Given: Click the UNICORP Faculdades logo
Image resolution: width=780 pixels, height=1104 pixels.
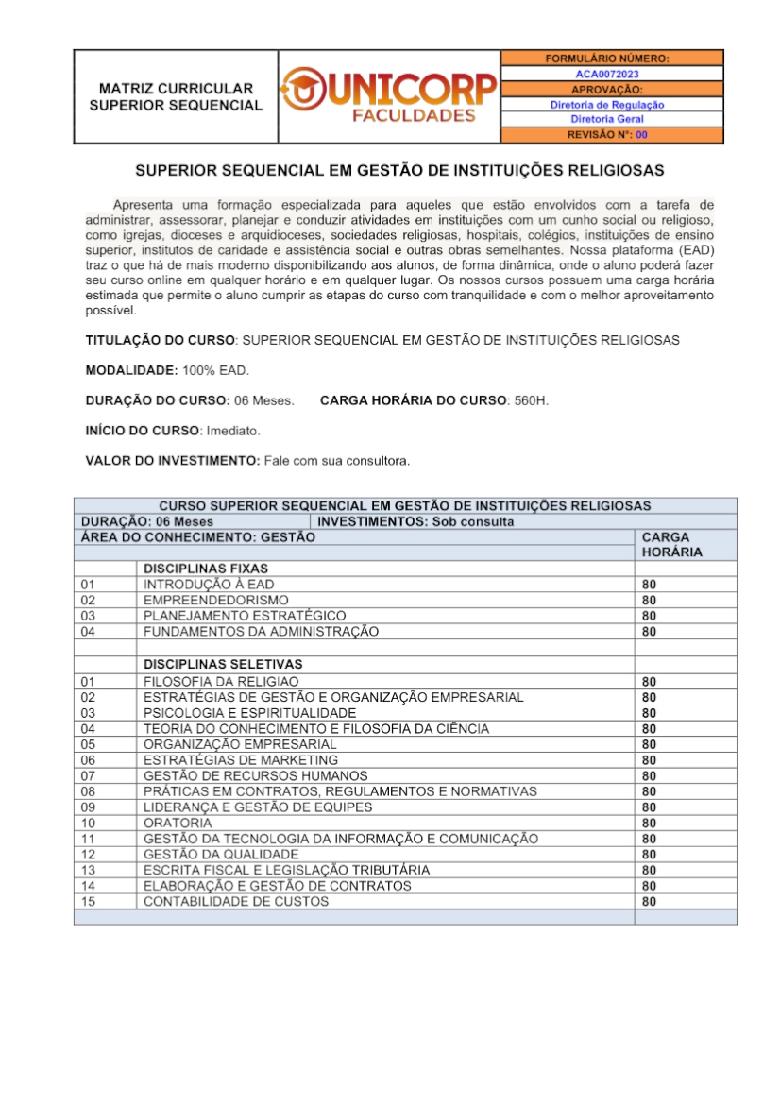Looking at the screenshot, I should coord(388,96).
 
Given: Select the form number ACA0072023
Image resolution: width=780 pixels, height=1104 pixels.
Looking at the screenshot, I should coord(607,74).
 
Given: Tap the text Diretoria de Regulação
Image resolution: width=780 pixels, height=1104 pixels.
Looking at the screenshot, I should coord(607,105).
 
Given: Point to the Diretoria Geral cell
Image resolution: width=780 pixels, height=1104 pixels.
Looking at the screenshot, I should coord(607,120).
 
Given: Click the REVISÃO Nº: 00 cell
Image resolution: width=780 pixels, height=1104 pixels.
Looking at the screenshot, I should coord(607,135).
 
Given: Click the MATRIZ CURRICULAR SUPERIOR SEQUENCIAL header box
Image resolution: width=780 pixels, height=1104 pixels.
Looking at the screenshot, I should coord(176,96).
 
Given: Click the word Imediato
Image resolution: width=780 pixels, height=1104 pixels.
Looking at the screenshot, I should coord(232,431).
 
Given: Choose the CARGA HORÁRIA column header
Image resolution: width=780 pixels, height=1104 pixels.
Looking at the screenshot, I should coord(671,544).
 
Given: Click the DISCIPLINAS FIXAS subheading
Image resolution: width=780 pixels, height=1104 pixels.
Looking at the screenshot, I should coord(206,569).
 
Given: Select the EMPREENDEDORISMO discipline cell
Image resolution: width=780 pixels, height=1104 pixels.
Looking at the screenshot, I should coord(216,600).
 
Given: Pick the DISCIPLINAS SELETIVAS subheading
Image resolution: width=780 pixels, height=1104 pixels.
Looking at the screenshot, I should coord(223,664).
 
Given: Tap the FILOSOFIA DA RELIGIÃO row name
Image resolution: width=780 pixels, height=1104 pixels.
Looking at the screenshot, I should coord(221,681).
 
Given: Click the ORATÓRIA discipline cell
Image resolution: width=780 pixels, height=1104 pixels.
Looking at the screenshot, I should coord(172,823).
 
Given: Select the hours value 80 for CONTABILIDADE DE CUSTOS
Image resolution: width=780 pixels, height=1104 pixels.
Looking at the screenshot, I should coord(649,902).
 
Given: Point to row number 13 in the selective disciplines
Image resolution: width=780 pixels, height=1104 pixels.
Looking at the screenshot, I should coord(89,870).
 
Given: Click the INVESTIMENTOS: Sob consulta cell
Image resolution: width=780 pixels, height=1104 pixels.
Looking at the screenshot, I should coord(416,521).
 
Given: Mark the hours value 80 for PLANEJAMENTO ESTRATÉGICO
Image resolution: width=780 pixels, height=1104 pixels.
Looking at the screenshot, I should coord(649,616).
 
